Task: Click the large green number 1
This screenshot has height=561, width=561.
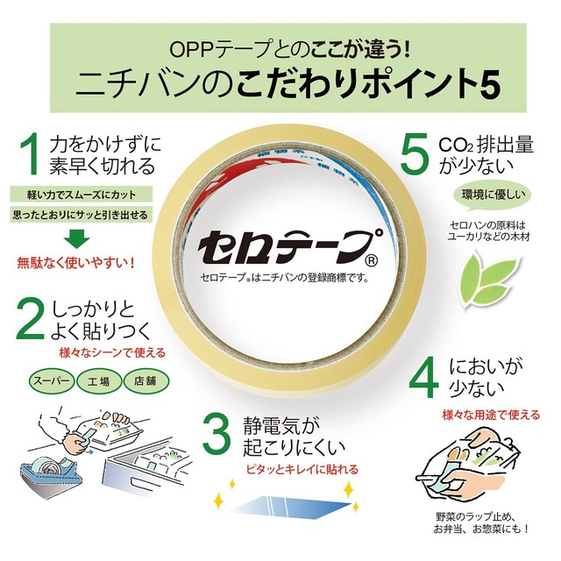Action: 31,155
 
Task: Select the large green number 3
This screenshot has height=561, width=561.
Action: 217,435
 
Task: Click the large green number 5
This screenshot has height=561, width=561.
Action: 412,155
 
